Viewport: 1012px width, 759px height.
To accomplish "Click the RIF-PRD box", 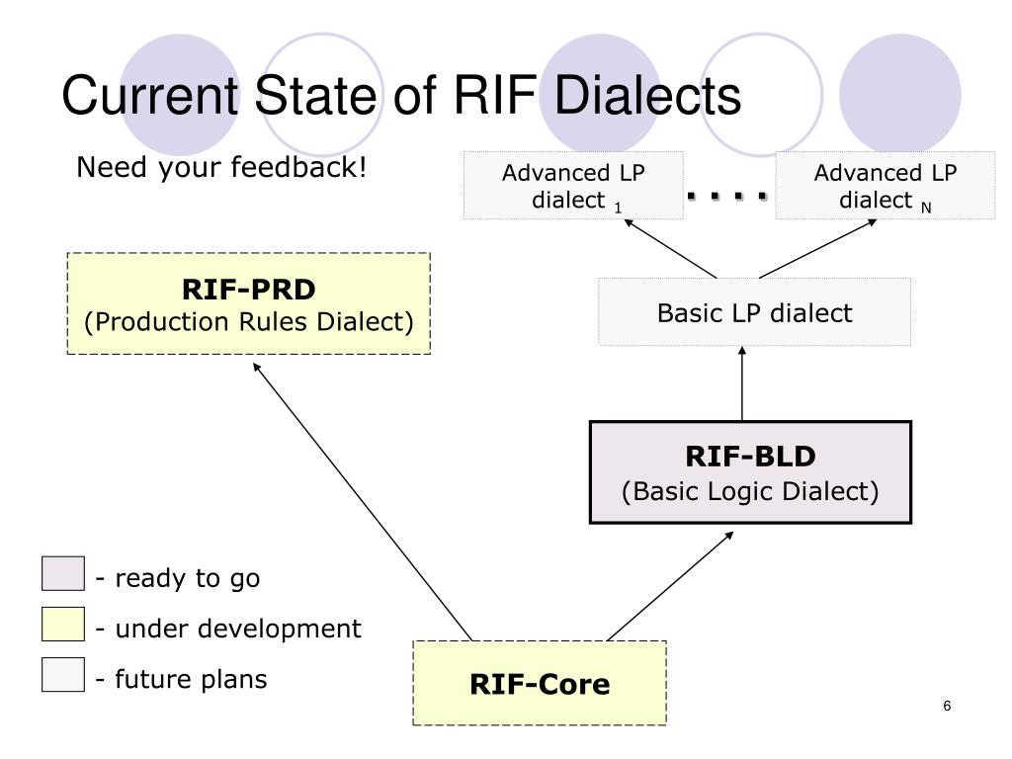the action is coord(248,303).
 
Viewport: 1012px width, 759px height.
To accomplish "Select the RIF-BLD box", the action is coord(750,472).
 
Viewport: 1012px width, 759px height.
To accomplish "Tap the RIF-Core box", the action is coord(540,683).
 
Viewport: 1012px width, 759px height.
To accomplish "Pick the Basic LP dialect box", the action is coord(754,312).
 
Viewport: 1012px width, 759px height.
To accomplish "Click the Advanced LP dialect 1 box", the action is coord(573,186).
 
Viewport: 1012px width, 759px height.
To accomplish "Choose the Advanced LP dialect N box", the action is coord(885,186).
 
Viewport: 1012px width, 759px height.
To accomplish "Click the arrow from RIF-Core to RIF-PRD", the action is coord(362,501).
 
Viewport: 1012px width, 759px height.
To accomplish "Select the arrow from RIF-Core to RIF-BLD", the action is coord(670,586).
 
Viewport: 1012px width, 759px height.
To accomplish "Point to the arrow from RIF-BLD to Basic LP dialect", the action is coord(742,383).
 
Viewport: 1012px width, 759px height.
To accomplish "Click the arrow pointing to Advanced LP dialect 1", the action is coord(670,249).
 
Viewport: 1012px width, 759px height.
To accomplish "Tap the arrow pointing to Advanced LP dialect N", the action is coord(817,249).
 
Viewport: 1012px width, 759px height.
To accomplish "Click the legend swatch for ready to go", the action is coord(62,573).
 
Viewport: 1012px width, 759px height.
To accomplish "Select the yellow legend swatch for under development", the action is coord(62,624).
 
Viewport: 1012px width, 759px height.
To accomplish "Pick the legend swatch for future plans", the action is coord(62,674).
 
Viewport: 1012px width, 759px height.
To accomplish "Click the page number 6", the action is coord(947,706).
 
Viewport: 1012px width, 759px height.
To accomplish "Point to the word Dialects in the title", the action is coord(647,95).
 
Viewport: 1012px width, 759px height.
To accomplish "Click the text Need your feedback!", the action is coord(221,167).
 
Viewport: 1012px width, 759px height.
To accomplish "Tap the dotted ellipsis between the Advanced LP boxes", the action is coord(726,197).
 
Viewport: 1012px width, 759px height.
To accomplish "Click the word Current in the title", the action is coord(150,95).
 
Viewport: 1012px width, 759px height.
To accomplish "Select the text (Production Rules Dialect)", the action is coord(248,321).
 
